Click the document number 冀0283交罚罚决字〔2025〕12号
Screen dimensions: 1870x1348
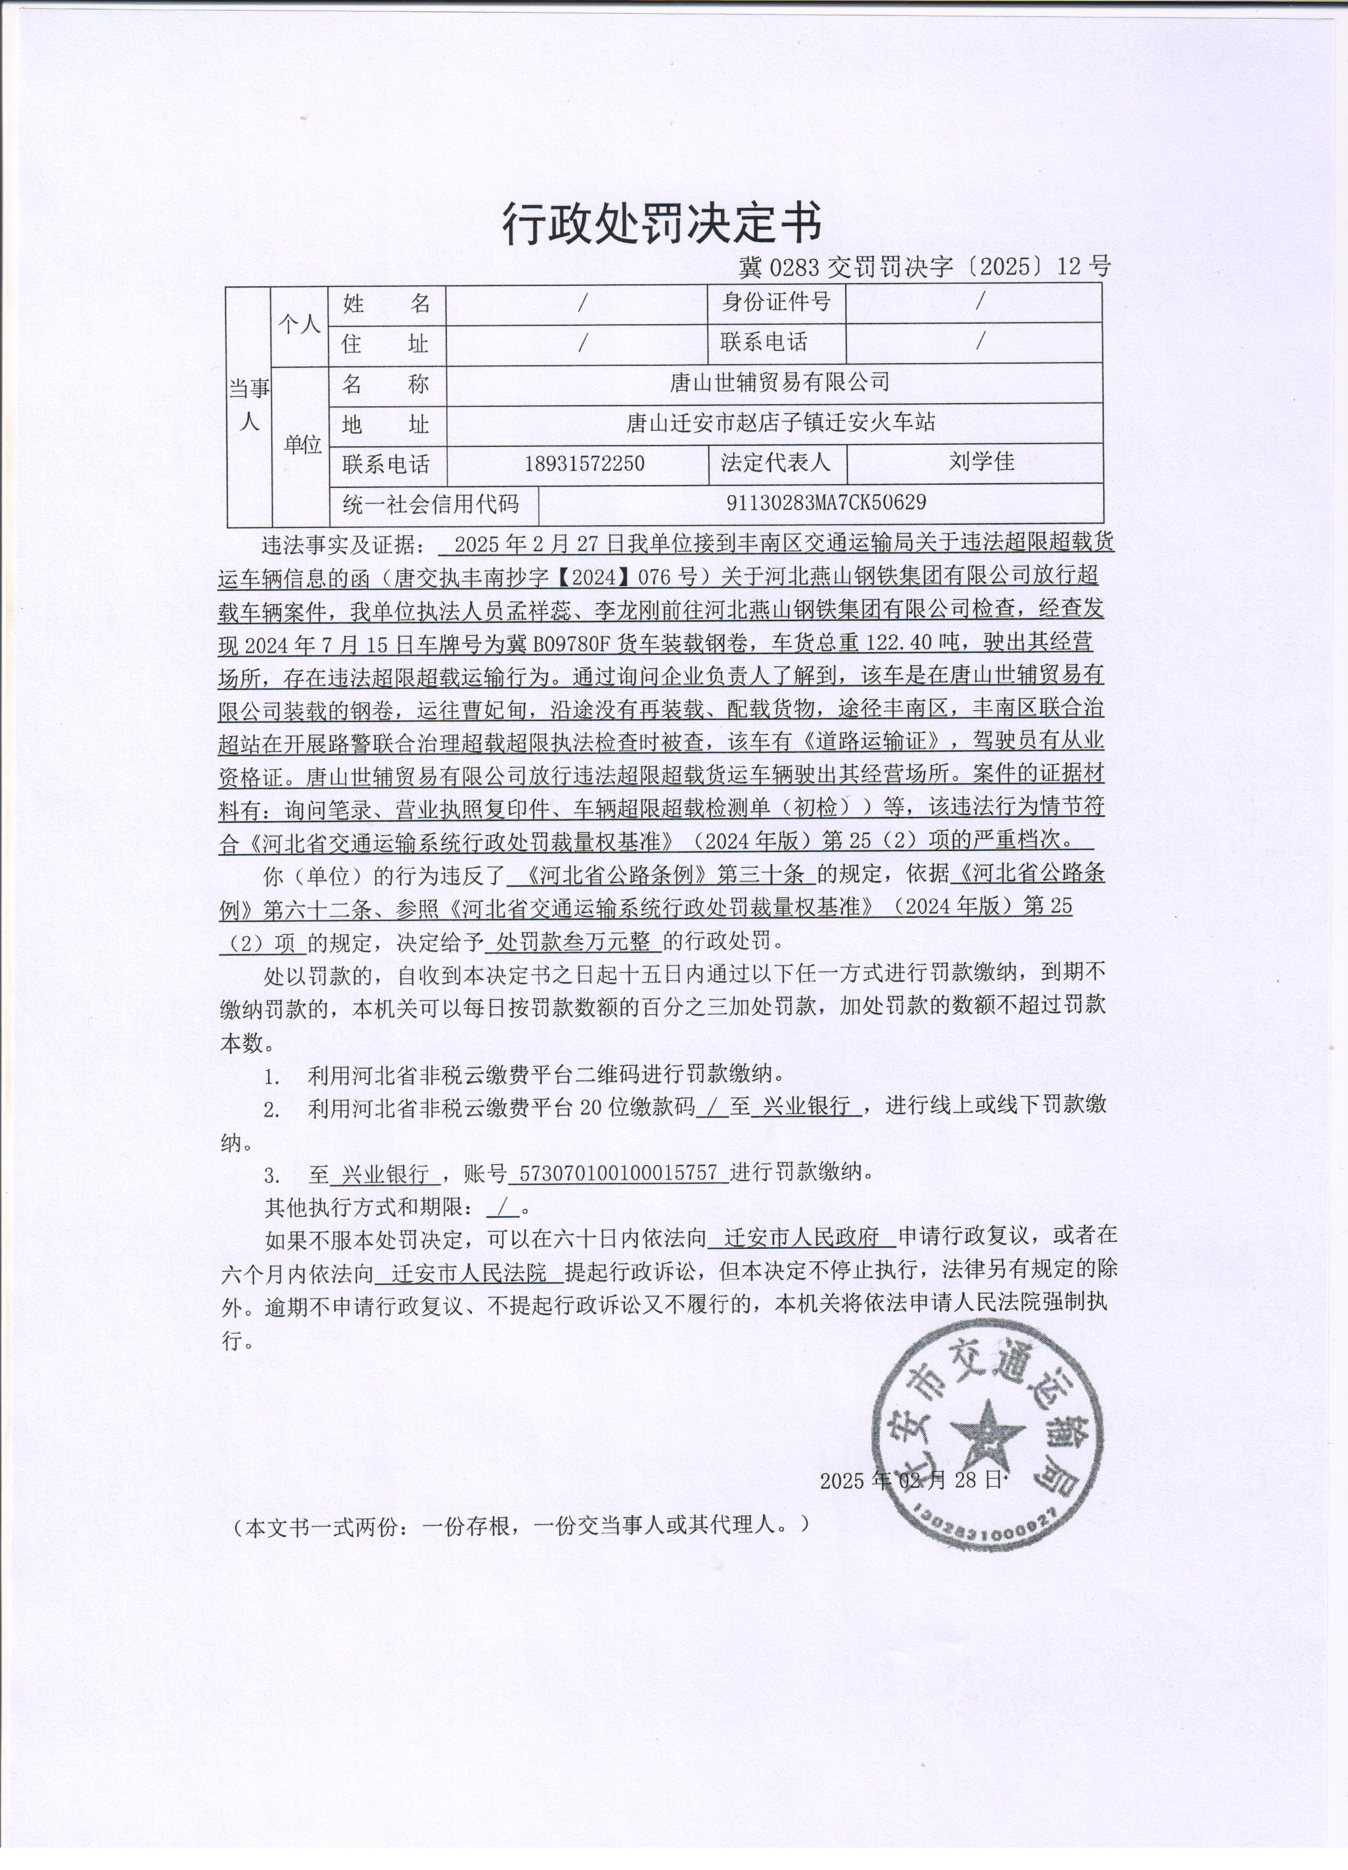[924, 266]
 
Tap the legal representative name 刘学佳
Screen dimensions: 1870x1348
[981, 462]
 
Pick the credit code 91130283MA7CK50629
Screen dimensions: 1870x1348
[826, 502]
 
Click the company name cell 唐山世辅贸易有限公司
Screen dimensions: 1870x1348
[779, 382]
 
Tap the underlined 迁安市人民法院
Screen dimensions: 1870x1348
[469, 1273]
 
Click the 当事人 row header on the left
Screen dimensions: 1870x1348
[249, 406]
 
